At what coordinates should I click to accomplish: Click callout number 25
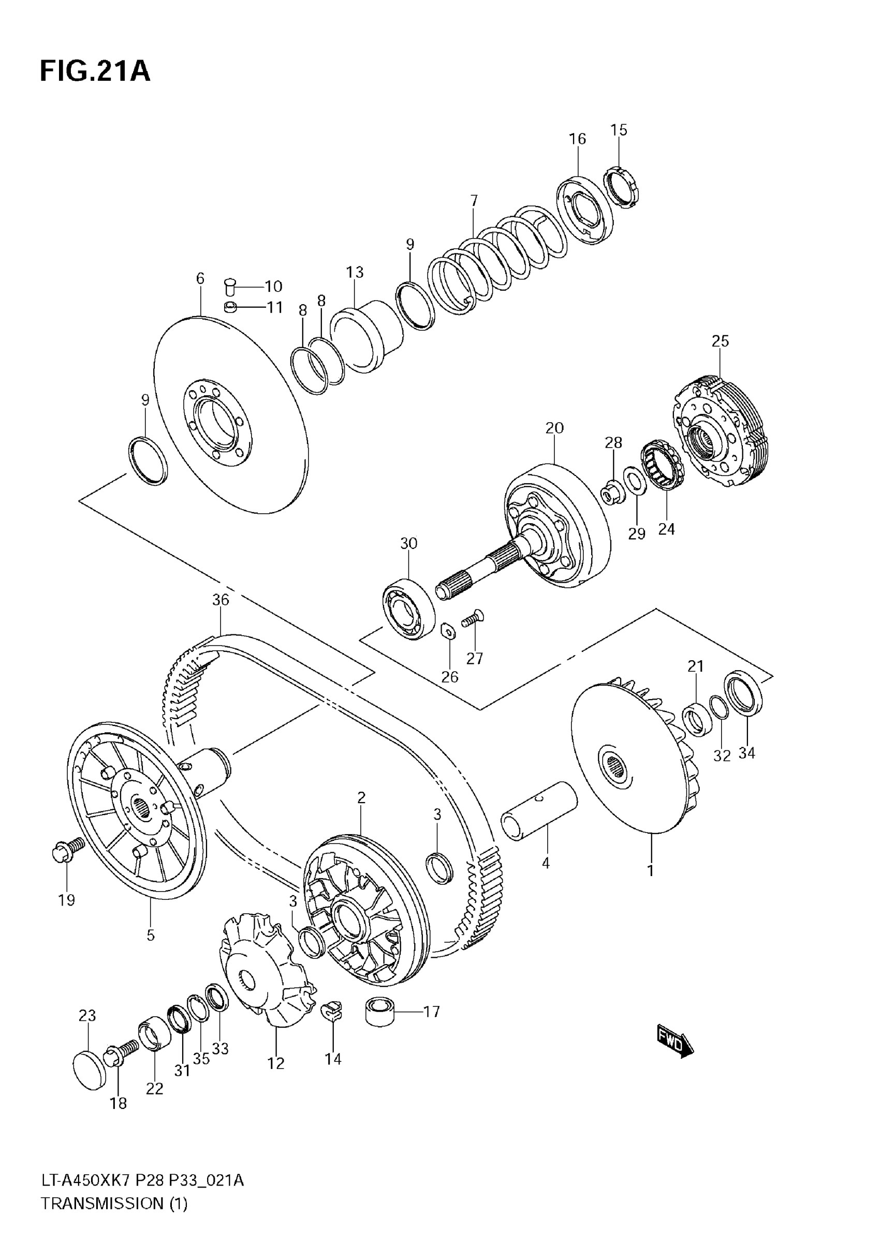pyautogui.click(x=720, y=342)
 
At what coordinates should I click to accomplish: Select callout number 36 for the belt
pyautogui.click(x=221, y=600)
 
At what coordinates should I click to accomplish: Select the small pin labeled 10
pyautogui.click(x=230, y=286)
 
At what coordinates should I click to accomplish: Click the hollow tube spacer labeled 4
pyautogui.click(x=539, y=812)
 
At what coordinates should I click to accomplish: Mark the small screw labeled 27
pyautogui.click(x=472, y=619)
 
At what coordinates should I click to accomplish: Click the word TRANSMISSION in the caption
pyautogui.click(x=101, y=1219)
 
